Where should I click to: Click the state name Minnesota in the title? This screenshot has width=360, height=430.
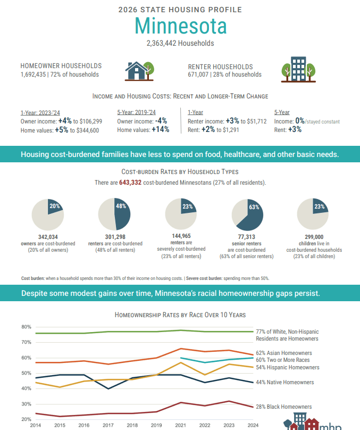180,26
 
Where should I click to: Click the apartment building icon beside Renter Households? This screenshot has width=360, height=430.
298,70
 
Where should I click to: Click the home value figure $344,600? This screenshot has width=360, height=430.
85,130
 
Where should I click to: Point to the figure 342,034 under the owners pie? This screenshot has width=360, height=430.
48,237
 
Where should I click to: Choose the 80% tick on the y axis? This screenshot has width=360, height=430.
26,327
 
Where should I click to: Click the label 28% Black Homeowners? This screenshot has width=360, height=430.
283,407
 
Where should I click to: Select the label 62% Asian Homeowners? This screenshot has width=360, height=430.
283,353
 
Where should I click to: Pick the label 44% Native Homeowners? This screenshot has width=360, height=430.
284,382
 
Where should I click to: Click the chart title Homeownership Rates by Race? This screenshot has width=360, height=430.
180,315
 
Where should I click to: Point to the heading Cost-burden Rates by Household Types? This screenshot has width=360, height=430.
180,172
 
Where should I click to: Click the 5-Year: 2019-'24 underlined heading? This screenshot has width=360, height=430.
136,112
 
